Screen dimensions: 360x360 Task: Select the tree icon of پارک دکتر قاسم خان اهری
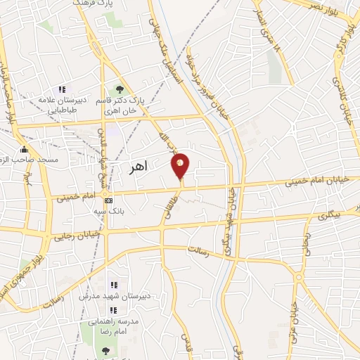[x=120, y=89]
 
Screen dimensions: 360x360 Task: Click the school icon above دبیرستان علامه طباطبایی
[x=61, y=89]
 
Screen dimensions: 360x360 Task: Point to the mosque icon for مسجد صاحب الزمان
[x=24, y=149]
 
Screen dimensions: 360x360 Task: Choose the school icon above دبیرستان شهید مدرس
[x=113, y=285]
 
